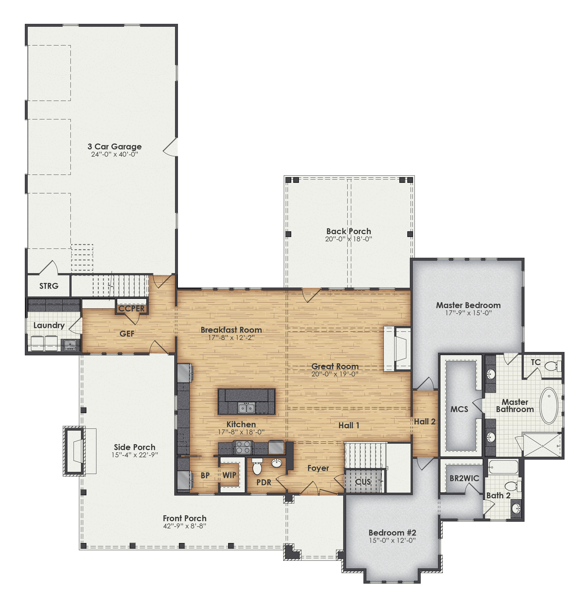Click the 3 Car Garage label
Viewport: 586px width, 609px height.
point(115,146)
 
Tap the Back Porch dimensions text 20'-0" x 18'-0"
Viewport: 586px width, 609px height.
point(348,239)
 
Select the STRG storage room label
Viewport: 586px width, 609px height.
point(49,286)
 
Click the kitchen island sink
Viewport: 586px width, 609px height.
point(246,408)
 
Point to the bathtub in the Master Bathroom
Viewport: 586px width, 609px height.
point(549,405)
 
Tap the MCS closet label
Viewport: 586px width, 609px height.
point(459,409)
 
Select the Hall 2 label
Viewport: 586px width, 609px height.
point(425,422)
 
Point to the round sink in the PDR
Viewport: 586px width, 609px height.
point(276,463)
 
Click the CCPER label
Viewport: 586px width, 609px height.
point(131,309)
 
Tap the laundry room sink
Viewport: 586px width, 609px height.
point(70,345)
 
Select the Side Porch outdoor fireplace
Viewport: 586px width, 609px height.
point(74,451)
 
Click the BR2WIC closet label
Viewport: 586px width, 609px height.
point(464,478)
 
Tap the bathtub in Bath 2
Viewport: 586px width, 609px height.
point(503,467)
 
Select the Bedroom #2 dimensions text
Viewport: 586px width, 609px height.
point(392,540)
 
